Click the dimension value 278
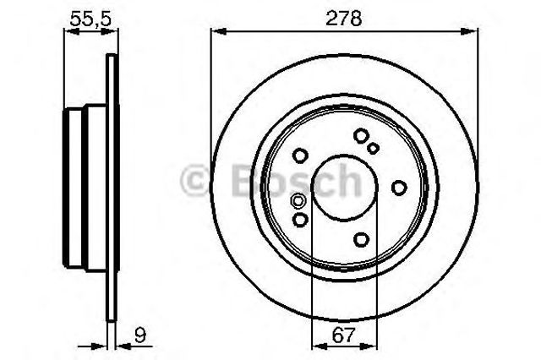(344, 19)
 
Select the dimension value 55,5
(90, 19)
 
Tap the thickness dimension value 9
(140, 335)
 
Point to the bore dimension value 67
(344, 335)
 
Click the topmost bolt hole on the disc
(361, 135)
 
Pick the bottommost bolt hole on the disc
(361, 239)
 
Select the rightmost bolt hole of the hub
(399, 188)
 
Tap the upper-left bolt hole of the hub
(300, 155)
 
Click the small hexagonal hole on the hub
(298, 200)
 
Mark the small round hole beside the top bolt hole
(373, 148)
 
